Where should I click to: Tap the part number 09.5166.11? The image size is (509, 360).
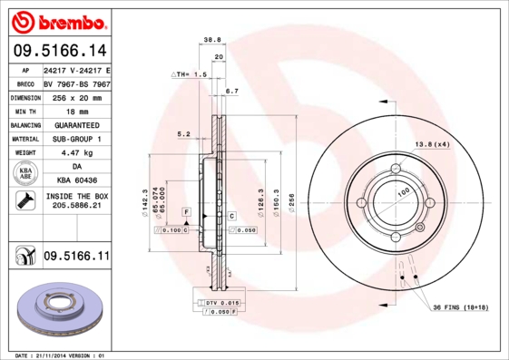[76, 257]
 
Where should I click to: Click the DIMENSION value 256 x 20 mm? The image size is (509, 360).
[76, 96]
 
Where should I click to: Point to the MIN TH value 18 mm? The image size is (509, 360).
[76, 110]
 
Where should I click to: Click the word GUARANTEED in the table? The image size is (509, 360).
[76, 124]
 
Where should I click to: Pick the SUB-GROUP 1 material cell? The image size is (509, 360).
[76, 139]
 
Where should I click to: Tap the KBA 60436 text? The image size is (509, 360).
[76, 181]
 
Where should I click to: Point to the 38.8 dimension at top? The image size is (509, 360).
[212, 40]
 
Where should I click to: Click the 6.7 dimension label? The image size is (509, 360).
[231, 91]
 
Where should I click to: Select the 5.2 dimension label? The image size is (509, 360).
[182, 133]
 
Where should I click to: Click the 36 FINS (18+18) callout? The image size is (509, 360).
[460, 308]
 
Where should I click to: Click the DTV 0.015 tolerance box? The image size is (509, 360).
[217, 301]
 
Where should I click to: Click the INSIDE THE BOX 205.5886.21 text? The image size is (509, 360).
[76, 201]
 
